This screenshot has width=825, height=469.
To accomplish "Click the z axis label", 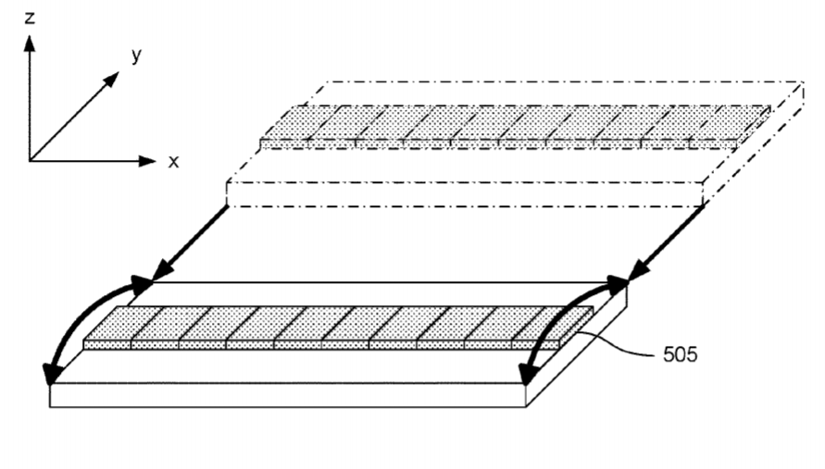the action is (30, 19).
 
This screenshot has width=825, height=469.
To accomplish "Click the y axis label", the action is (137, 55).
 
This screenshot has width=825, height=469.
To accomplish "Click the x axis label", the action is (174, 161).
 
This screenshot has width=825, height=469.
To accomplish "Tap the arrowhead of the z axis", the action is (30, 43).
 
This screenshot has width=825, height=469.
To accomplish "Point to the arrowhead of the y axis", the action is (111, 80).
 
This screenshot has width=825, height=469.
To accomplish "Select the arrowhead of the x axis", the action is (148, 160).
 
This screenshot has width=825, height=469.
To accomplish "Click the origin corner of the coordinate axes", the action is (30, 160).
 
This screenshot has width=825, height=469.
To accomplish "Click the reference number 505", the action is (680, 354).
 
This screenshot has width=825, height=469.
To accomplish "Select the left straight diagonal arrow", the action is (190, 243).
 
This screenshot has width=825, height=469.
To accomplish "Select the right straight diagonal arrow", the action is (666, 243).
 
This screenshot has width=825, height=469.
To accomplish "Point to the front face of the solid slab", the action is (288, 395).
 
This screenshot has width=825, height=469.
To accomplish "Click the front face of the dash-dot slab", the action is (465, 194).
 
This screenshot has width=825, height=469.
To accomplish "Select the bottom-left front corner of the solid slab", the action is (50, 407).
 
